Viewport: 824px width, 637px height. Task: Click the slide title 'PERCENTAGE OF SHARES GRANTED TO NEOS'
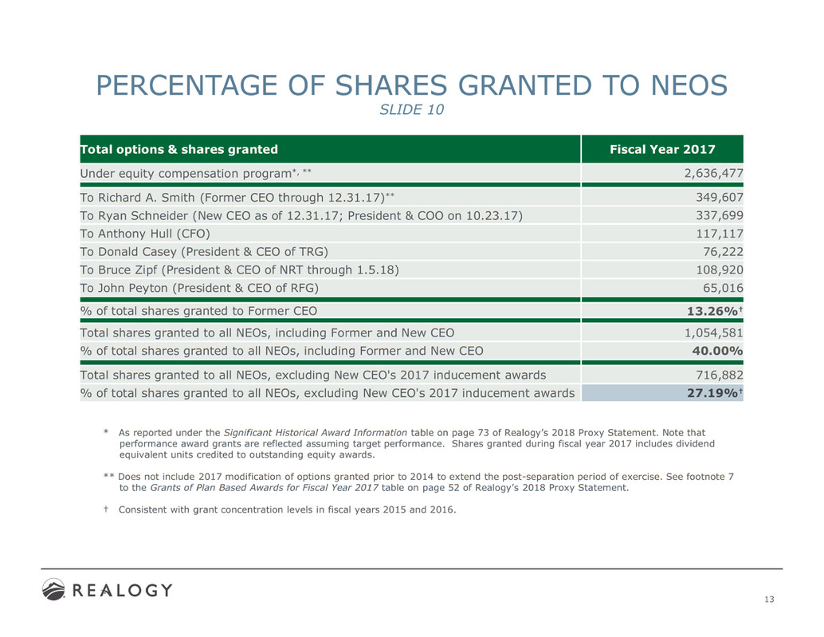click(410, 85)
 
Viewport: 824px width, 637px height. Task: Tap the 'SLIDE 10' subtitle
click(410, 110)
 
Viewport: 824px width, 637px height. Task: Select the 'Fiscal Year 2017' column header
click(661, 149)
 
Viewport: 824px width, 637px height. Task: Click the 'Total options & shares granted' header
click(179, 149)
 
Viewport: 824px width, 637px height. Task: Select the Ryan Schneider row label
click(301, 215)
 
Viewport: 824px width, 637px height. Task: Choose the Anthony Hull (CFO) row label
click(146, 234)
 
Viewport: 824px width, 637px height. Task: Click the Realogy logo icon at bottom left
click(54, 590)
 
